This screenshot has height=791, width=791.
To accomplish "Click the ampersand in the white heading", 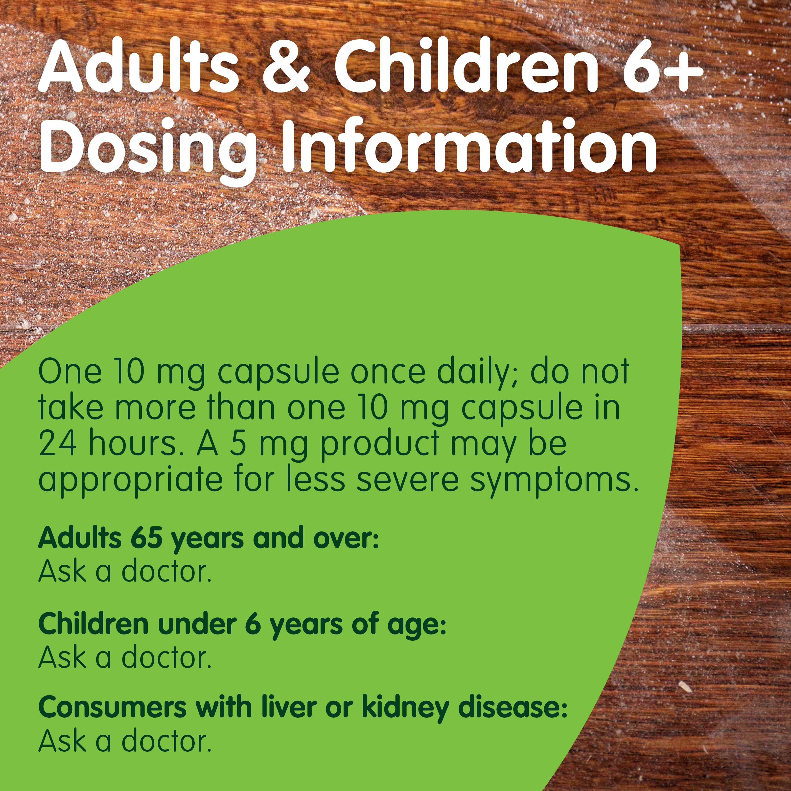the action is point(286,67).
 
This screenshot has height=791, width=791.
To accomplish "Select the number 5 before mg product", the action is point(238,444).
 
